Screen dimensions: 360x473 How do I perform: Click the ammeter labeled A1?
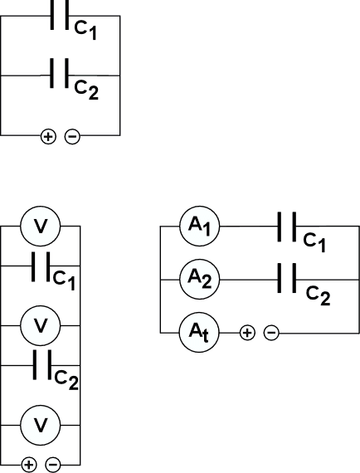click(x=200, y=227)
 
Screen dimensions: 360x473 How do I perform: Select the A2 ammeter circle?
click(x=200, y=280)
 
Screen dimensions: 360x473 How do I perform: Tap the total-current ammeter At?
click(x=199, y=333)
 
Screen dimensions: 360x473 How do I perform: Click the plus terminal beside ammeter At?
click(x=247, y=333)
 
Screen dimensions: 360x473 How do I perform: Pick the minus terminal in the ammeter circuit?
click(x=271, y=333)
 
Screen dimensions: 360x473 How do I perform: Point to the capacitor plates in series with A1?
click(x=287, y=227)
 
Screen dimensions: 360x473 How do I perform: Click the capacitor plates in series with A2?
click(x=287, y=278)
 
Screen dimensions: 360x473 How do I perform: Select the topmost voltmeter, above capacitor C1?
click(x=41, y=227)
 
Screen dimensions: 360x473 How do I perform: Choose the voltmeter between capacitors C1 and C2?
click(x=41, y=325)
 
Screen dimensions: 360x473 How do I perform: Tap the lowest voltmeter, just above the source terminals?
click(x=41, y=425)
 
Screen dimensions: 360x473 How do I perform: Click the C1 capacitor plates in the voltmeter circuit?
click(x=41, y=266)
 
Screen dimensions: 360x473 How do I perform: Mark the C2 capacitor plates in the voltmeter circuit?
click(x=42, y=364)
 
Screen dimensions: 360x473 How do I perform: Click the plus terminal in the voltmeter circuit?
click(x=29, y=465)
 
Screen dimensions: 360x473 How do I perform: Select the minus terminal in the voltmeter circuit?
click(x=53, y=465)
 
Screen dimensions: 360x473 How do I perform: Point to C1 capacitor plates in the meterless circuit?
click(x=60, y=15)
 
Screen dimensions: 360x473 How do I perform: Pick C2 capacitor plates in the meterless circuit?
click(x=60, y=73)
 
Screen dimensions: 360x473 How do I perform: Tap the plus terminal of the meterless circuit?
click(x=48, y=137)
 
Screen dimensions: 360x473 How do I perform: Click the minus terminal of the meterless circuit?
click(x=72, y=137)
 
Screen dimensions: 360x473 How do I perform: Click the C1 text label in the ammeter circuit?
click(x=314, y=243)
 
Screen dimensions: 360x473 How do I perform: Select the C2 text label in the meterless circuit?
click(x=86, y=90)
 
